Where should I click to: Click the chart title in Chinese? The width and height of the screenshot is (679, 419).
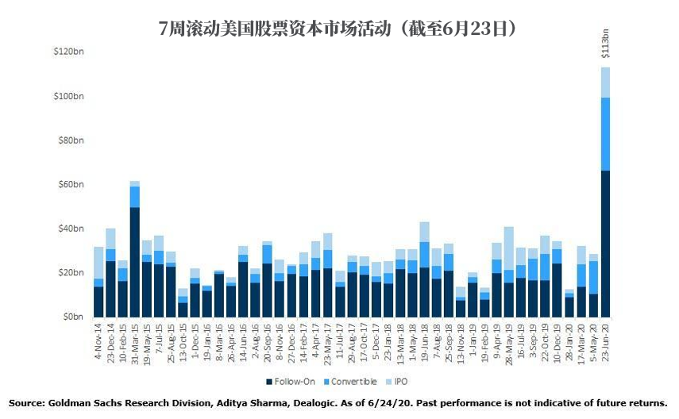tap(339, 29)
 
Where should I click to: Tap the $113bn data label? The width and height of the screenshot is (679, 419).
tap(606, 46)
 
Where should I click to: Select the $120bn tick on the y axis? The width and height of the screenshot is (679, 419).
tap(68, 52)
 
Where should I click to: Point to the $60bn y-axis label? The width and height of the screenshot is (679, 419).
tap(71, 184)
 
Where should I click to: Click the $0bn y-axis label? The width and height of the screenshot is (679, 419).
tap(73, 317)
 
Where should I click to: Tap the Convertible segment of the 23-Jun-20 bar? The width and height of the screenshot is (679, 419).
tap(605, 133)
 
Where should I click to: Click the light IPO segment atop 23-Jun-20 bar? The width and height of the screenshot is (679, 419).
tap(605, 82)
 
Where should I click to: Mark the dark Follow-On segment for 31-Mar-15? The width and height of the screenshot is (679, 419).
tap(135, 261)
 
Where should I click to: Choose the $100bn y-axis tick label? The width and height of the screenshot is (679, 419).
tap(68, 96)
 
